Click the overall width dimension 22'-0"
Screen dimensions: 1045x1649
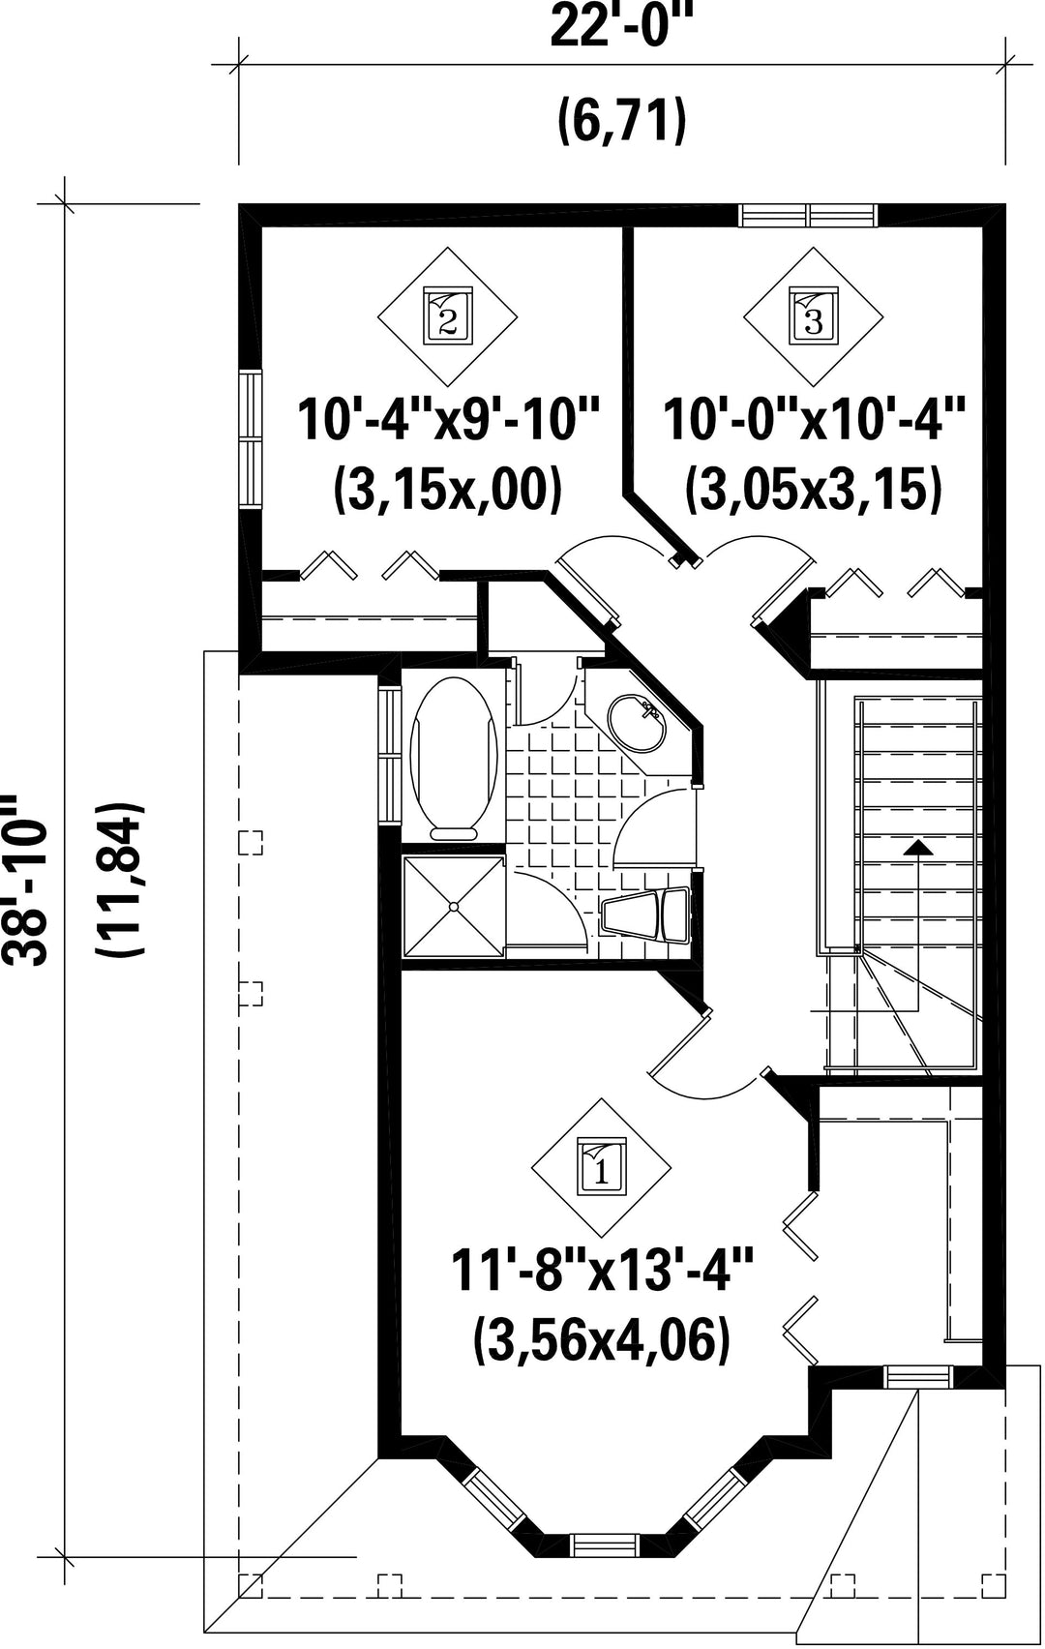(623, 25)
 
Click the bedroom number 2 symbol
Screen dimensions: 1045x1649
(447, 316)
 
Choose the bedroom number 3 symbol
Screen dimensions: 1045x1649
(813, 316)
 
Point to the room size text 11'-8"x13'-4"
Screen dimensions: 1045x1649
(602, 1270)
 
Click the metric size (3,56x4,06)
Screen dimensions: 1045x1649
(602, 1339)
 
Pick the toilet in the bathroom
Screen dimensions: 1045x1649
(646, 915)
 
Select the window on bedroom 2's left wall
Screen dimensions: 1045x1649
(251, 438)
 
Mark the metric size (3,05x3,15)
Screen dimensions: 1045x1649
(813, 489)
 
